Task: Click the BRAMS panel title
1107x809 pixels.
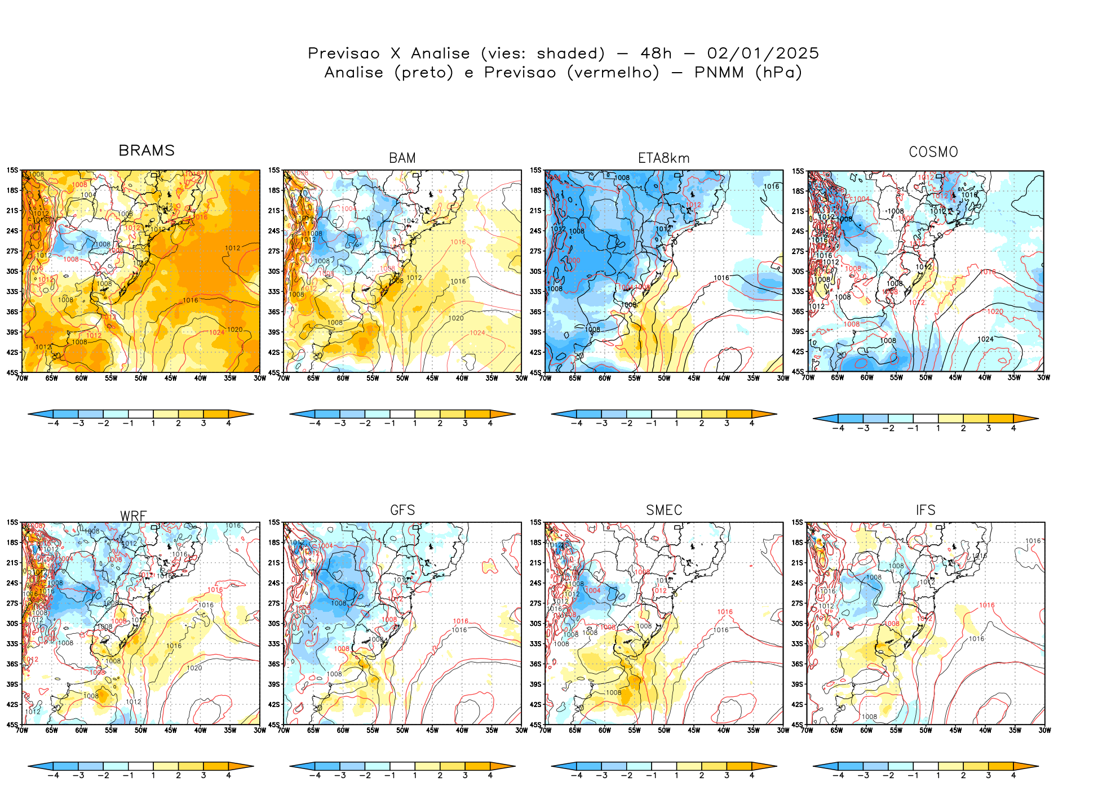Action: point(147,150)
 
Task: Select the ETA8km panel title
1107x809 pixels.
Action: point(663,158)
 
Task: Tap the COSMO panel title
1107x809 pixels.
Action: point(933,152)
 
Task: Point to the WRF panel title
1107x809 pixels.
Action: point(133,516)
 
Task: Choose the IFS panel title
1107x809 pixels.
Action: point(926,510)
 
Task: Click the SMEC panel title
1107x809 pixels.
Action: point(664,510)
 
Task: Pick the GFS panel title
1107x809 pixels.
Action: point(402,510)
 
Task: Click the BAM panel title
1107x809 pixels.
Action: point(402,158)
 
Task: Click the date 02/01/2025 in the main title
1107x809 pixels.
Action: point(763,53)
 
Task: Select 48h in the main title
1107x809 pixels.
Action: point(656,53)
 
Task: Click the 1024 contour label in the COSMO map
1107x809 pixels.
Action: point(985,339)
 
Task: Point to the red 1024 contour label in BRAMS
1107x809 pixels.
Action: point(217,332)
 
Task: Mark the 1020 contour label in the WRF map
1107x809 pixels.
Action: point(194,668)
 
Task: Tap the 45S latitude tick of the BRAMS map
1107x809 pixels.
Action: point(12,372)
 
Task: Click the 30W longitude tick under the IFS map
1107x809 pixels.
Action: point(1044,730)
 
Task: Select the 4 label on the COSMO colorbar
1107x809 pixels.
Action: point(1013,428)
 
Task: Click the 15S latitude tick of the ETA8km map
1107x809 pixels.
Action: point(535,170)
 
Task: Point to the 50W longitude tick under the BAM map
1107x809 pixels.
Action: point(402,378)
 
